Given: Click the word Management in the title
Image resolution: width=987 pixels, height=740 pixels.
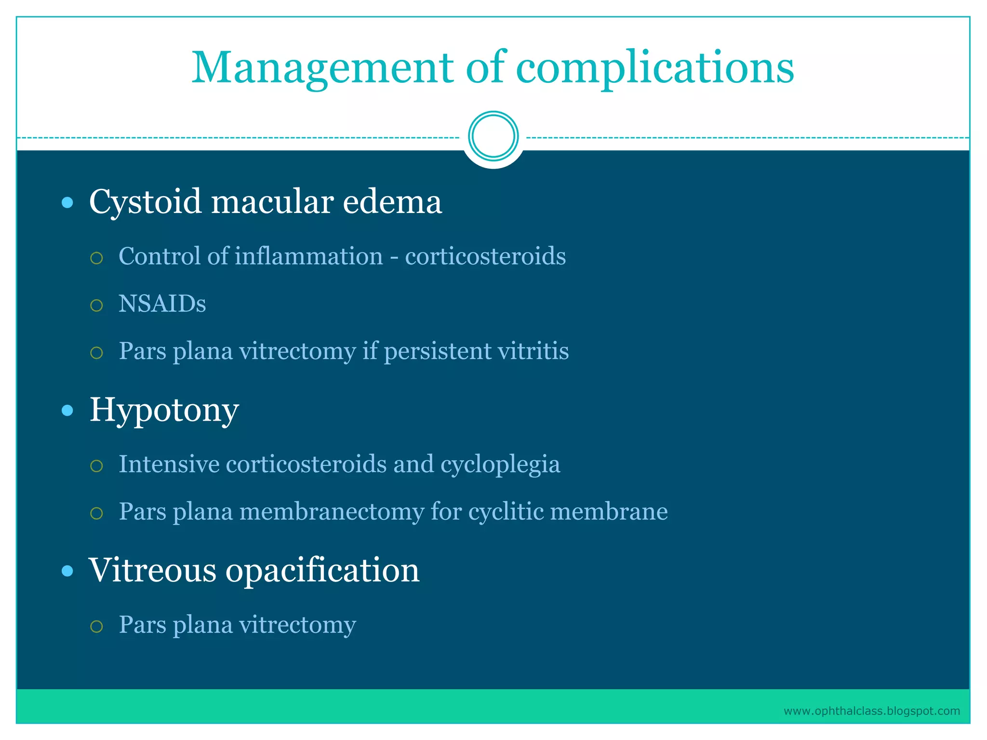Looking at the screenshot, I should tap(322, 67).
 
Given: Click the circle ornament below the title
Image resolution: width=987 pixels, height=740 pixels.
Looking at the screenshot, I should tap(493, 136).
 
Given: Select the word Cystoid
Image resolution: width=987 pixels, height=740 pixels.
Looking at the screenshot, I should tap(145, 201).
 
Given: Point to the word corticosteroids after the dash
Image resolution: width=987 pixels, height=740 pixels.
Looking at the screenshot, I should tap(485, 256).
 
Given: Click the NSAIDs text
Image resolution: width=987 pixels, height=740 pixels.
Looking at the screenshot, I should tap(162, 304).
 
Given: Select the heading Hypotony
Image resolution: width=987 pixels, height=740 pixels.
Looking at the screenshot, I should tap(164, 410).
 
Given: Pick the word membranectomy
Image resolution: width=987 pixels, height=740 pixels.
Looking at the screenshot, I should tap(332, 511).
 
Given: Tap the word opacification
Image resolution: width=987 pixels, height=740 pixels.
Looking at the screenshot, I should tap(322, 570).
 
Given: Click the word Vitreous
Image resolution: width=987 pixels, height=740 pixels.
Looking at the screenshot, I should tap(152, 570).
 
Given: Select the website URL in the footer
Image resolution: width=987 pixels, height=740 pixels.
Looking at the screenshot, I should tap(871, 711).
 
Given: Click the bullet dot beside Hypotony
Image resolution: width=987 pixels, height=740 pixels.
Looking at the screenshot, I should tap(67, 410).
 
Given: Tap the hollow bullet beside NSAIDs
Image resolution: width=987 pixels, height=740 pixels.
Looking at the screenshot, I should tap(96, 305).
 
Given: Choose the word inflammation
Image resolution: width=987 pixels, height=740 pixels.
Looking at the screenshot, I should tap(308, 256).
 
